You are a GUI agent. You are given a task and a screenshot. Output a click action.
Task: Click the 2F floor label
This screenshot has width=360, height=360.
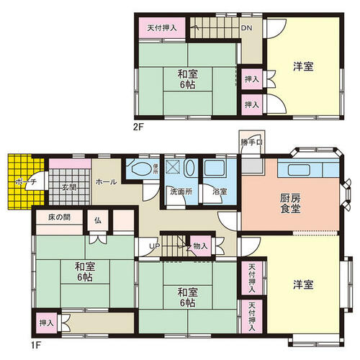(x=138, y=127)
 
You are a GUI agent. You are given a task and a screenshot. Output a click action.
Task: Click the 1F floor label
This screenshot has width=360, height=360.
(x=36, y=346)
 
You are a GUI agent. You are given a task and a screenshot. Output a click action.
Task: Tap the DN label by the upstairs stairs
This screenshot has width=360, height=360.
(x=247, y=28)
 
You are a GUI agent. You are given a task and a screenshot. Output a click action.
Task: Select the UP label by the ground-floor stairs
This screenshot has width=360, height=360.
(x=155, y=246)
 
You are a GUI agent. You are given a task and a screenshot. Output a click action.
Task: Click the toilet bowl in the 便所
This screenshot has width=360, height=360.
(x=140, y=168)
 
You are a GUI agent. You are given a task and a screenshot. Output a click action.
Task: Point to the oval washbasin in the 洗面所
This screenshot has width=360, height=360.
(x=190, y=168)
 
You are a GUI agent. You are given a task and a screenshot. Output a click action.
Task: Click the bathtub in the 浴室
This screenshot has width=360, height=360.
(x=215, y=168)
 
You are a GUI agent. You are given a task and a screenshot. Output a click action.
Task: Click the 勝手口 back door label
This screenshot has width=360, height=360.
(x=251, y=143)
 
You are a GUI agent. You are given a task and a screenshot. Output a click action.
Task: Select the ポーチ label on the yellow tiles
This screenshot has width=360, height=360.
(x=26, y=181)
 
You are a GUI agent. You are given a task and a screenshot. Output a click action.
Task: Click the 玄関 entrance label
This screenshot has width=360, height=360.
(x=69, y=187)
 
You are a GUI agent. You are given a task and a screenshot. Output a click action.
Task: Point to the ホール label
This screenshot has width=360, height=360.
(x=106, y=182)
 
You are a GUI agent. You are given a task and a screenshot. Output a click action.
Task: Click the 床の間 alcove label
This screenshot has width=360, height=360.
(x=60, y=217)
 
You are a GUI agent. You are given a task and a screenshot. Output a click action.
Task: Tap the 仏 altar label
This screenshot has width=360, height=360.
(x=98, y=220)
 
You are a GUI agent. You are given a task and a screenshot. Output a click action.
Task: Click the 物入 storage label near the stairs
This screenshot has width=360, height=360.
(x=200, y=246)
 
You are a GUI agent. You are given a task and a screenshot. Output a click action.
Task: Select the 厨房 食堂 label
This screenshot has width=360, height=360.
(x=290, y=204)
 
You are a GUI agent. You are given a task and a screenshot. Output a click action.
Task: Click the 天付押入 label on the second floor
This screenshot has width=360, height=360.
(x=162, y=28)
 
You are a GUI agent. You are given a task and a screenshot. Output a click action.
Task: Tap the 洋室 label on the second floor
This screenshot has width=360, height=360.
(x=303, y=66)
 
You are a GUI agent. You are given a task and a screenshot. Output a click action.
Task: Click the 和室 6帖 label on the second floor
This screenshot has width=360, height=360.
(x=187, y=79)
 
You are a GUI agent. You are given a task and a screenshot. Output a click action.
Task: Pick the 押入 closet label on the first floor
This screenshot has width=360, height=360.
(x=46, y=323)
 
